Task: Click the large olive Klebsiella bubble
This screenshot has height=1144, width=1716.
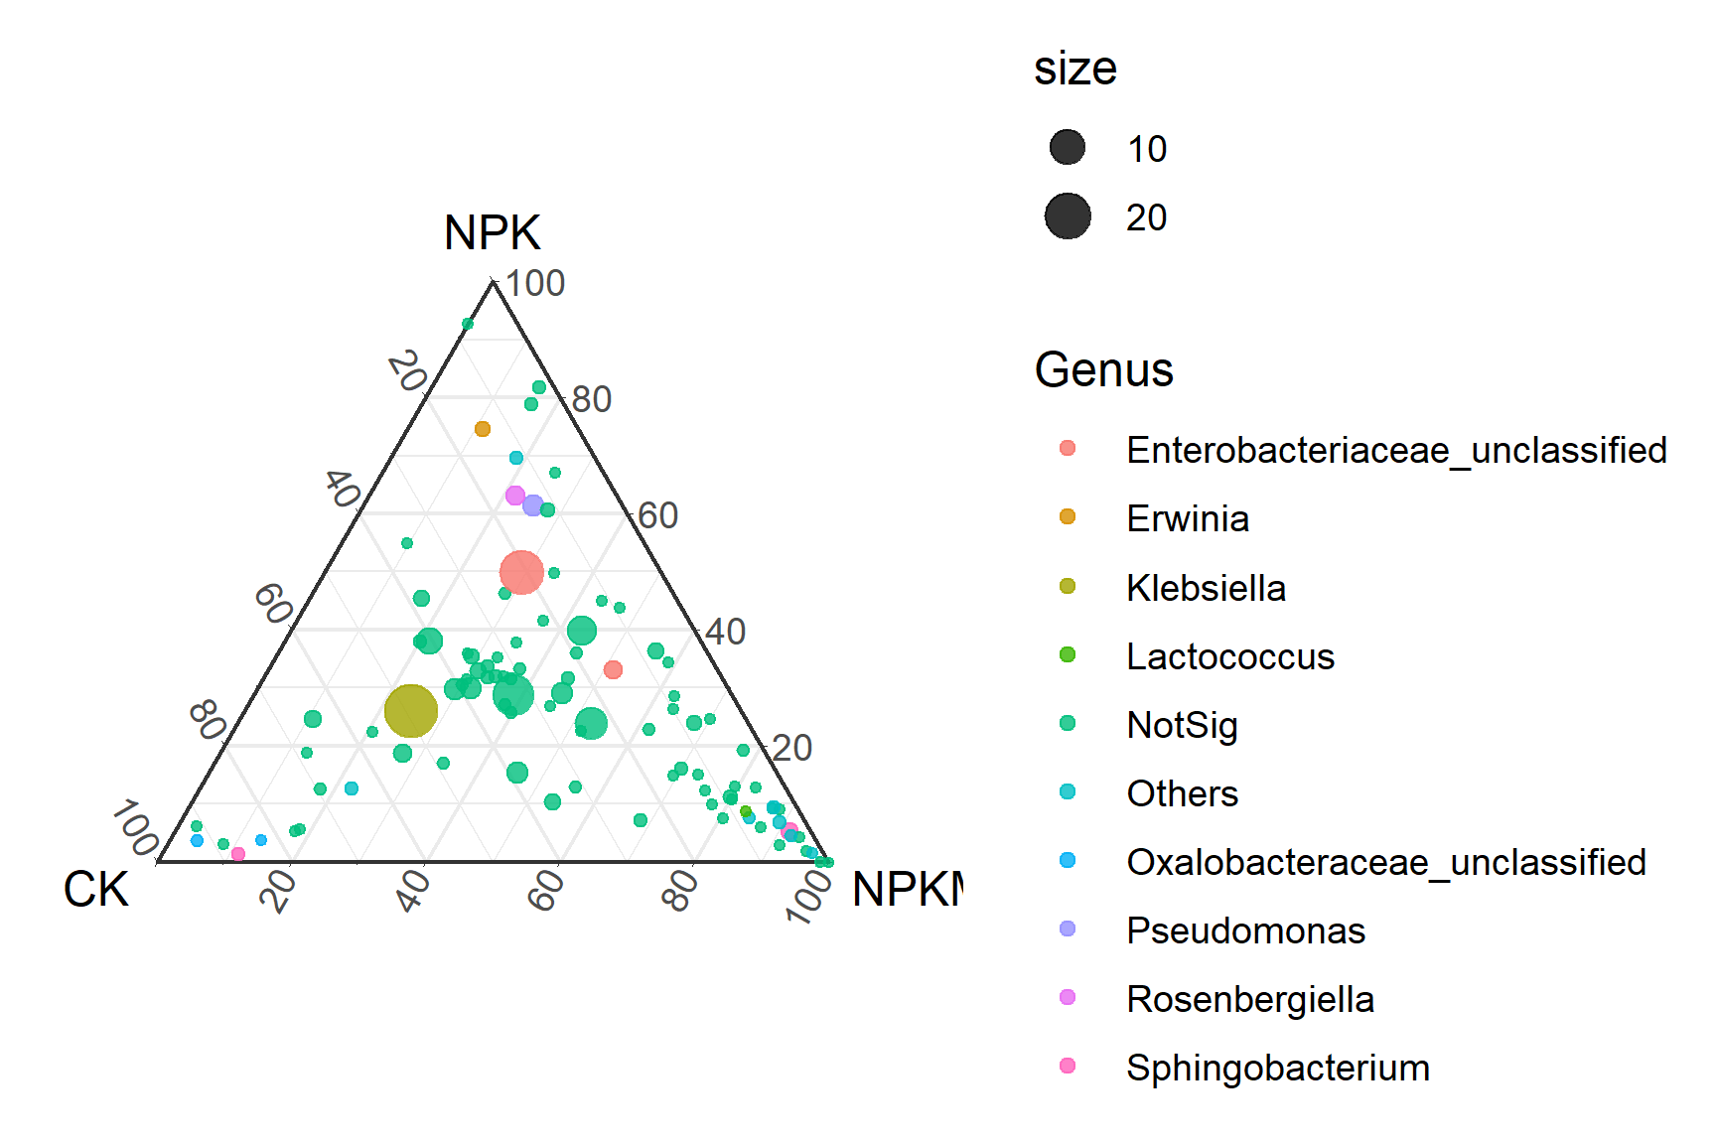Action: coord(410,710)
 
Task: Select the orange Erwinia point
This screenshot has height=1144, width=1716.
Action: coord(483,429)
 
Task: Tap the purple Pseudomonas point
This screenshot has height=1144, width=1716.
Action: coord(533,505)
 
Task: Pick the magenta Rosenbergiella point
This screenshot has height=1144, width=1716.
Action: coord(514,496)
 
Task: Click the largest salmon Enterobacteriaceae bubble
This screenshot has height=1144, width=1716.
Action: coord(521,572)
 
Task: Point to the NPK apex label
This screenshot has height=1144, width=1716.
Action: coord(492,233)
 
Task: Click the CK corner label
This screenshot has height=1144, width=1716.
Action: coord(95,889)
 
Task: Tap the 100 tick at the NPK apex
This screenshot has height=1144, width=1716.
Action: coord(534,284)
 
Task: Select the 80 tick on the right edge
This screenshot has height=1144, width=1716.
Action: coord(592,399)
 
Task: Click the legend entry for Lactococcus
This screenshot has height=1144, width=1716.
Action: coord(1229,656)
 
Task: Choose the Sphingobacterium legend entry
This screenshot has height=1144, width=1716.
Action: coord(1277,1068)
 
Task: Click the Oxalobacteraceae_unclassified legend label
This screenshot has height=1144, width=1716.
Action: coord(1385,862)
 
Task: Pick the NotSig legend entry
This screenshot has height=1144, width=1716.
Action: coord(1182,725)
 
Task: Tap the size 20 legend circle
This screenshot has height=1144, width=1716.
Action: coord(1068,216)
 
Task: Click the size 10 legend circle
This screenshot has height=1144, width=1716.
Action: coord(1068,148)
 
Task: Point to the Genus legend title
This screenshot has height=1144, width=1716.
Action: coord(1103,370)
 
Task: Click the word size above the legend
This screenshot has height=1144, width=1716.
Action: coord(1075,69)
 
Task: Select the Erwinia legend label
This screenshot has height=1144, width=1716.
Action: coord(1188,518)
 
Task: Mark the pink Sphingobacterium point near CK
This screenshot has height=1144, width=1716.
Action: coord(238,854)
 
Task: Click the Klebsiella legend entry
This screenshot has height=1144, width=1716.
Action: coord(1206,588)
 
